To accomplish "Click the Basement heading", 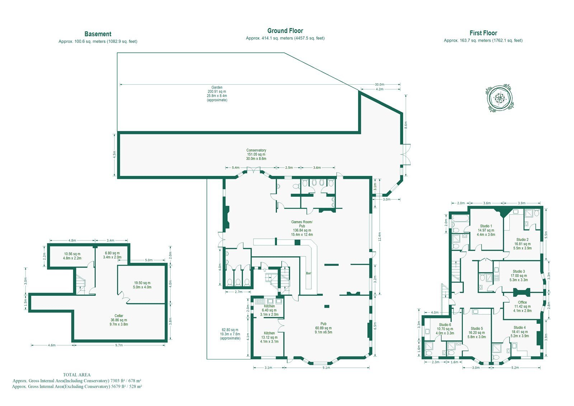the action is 98,34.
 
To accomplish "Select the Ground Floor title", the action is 285,31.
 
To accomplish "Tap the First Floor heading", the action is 483,33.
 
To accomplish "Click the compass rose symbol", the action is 500,98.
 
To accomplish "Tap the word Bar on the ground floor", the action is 309,273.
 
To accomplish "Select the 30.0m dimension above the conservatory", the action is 380,84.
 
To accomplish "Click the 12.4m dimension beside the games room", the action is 380,237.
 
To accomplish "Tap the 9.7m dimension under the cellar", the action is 119,345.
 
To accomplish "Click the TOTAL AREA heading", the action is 77,375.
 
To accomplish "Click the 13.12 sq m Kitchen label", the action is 269,337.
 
